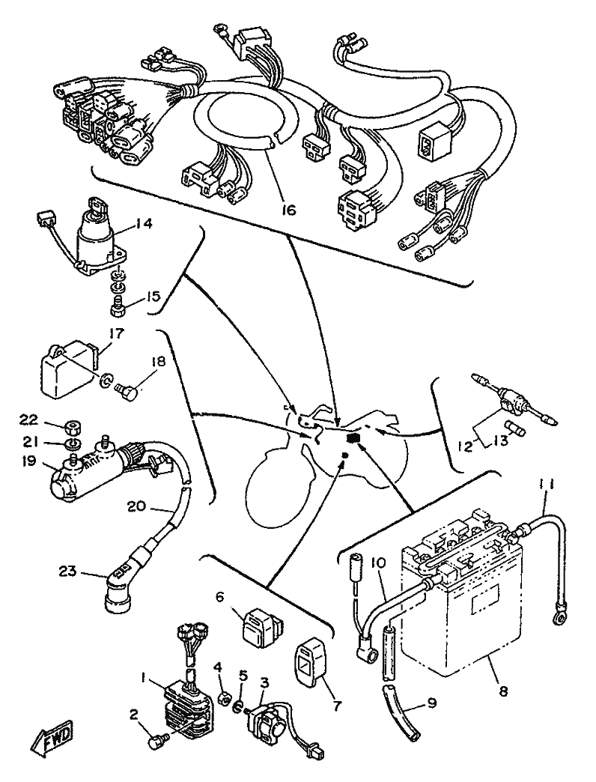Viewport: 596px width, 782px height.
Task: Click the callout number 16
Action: [289, 210]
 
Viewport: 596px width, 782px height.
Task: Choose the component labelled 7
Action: [309, 660]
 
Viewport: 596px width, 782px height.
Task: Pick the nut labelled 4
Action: [223, 699]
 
